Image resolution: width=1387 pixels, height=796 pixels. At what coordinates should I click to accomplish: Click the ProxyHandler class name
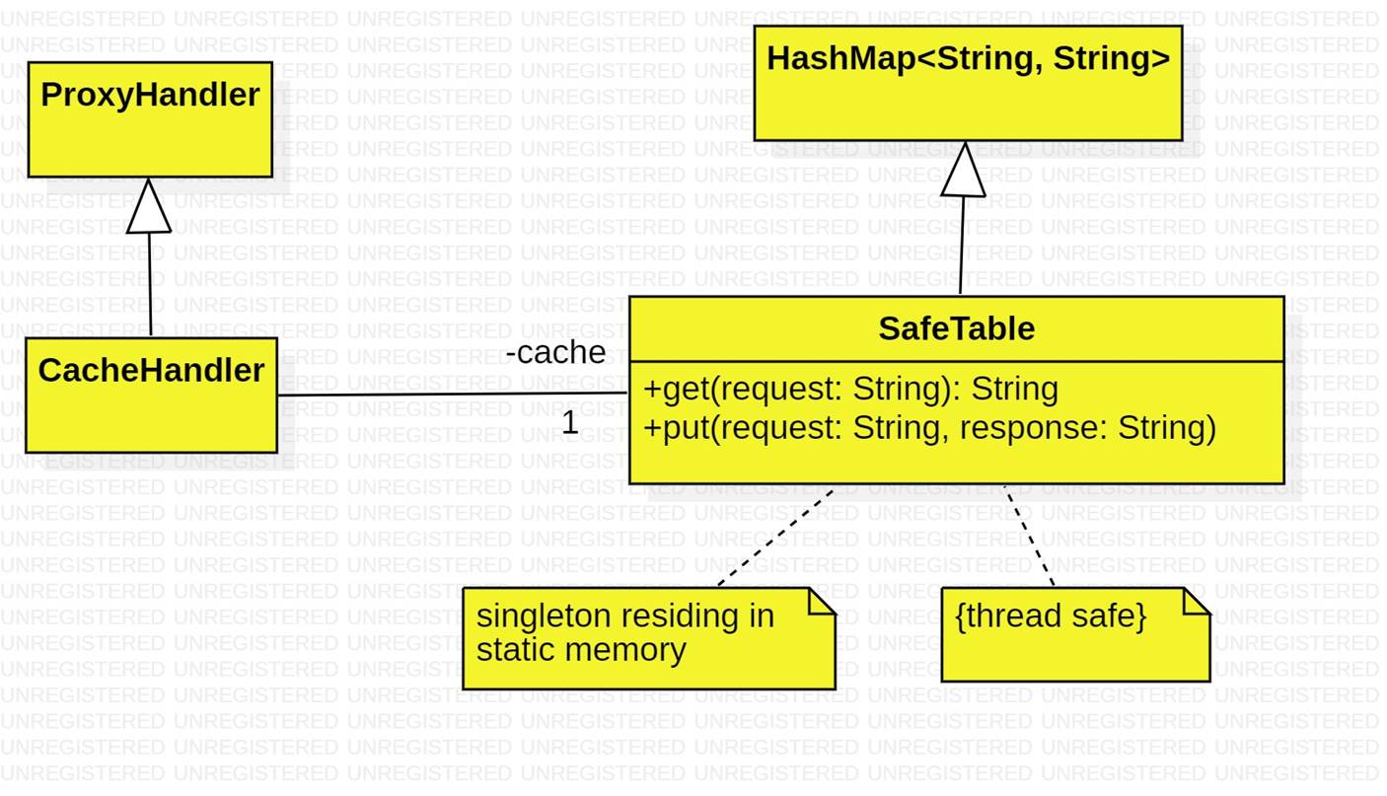click(150, 96)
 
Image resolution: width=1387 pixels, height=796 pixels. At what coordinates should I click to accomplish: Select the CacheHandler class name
click(151, 371)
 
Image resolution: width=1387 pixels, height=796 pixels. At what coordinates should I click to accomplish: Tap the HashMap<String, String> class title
click(968, 59)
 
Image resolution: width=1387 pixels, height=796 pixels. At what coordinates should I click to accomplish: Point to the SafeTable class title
click(956, 328)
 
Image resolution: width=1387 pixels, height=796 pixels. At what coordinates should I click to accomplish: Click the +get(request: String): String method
click(850, 389)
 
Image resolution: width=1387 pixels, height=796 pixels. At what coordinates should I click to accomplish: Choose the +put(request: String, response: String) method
click(929, 428)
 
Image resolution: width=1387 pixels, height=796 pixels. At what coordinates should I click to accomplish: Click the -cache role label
click(555, 352)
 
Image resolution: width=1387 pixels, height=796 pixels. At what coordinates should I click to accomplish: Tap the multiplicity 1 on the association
click(570, 423)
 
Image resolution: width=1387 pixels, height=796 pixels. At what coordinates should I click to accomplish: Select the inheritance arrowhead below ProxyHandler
click(149, 207)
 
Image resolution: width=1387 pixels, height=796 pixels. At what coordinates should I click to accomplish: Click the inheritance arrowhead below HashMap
click(964, 171)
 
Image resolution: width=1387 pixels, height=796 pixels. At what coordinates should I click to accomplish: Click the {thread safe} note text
click(1051, 616)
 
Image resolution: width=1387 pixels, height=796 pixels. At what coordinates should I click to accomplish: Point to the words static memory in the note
click(580, 650)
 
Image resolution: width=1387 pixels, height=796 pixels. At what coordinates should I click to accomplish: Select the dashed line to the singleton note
click(776, 538)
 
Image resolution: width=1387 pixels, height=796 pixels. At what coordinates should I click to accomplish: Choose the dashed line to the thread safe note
click(1029, 536)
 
